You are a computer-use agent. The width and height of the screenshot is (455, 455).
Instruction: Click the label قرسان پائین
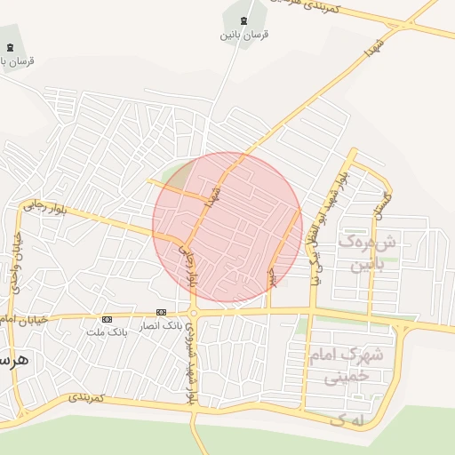[245, 35]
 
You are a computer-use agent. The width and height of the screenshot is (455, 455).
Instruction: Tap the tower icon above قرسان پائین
[245, 20]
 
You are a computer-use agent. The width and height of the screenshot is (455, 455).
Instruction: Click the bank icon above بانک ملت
[107, 319]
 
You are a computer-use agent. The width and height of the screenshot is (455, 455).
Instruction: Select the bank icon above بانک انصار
[161, 312]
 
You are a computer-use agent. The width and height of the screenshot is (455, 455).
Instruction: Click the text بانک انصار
[161, 324]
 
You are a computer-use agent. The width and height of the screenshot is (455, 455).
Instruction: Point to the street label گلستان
[383, 204]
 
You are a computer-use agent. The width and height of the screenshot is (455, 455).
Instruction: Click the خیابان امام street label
[7, 318]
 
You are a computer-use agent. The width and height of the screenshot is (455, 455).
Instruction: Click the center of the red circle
[227, 227]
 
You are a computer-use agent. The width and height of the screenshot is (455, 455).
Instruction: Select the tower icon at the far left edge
[10, 47]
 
